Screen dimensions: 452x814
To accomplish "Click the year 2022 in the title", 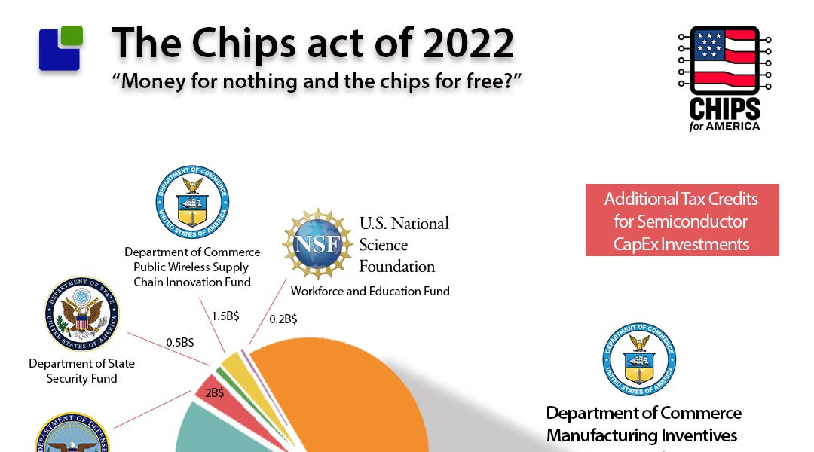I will tap(468, 44).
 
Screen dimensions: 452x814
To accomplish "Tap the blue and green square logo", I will tap(61, 48).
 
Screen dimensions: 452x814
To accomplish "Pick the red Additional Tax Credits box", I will tap(681, 221).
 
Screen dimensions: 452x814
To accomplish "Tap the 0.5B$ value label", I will tap(179, 342).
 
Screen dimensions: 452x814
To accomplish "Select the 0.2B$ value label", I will tap(283, 319).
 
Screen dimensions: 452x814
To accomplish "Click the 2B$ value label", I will tap(215, 392).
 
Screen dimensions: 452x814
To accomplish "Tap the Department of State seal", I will tap(81, 313).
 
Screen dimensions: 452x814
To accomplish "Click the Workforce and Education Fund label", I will tap(370, 291).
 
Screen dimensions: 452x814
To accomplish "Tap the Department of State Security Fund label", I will tap(81, 371).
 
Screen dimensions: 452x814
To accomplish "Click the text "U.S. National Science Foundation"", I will tap(404, 245).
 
